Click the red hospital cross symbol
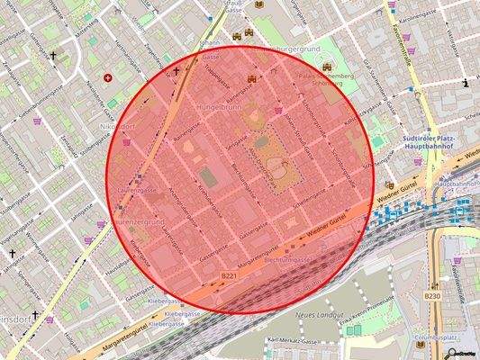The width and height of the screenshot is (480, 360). tap(109, 78)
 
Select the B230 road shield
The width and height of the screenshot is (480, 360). tap(432, 295)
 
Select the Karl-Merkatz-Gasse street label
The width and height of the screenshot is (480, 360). tap(293, 342)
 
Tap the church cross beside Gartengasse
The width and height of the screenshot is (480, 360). tap(52, 56)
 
